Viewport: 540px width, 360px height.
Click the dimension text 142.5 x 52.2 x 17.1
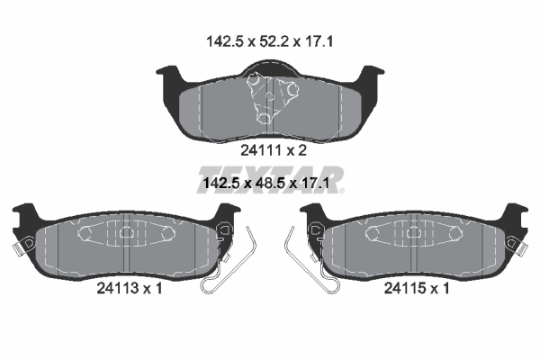coord(270,41)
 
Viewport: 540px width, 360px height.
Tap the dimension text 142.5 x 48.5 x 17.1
coord(266,183)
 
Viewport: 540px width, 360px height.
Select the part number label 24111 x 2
coord(273,150)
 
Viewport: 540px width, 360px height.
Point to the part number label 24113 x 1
coord(129,288)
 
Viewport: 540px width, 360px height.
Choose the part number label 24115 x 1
coord(417,288)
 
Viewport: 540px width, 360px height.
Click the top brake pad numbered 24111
coord(270,103)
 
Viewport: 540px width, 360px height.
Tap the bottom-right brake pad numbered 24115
coord(414,245)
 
